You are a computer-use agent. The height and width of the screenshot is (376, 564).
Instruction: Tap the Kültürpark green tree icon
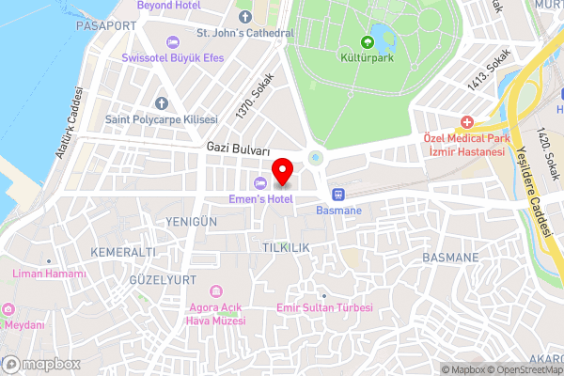click(368, 42)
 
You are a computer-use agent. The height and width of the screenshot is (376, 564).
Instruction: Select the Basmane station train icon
click(337, 195)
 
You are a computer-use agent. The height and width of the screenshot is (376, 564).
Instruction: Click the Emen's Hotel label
click(259, 198)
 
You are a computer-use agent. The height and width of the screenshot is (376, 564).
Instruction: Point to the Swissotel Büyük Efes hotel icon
click(172, 41)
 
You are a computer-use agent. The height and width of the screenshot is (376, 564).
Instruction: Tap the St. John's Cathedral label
click(244, 33)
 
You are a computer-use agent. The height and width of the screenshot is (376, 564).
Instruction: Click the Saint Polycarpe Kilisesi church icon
click(162, 102)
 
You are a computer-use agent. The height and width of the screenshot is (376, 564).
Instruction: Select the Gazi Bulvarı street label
click(239, 150)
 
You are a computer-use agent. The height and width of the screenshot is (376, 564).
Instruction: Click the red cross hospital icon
click(466, 123)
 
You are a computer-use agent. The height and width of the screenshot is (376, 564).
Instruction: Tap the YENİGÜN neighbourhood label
click(192, 220)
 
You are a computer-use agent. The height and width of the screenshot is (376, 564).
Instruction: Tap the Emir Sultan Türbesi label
click(325, 308)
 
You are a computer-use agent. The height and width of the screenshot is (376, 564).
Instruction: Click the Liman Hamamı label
click(49, 274)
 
